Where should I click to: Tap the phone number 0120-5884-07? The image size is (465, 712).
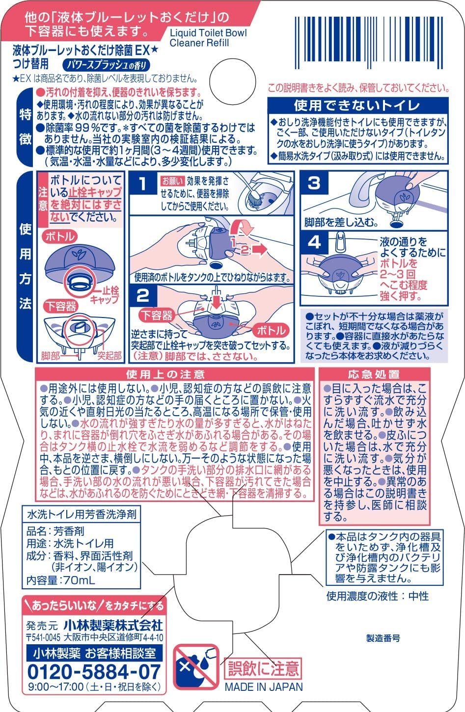[x=94, y=671]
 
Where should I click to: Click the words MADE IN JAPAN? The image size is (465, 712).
[x=264, y=687]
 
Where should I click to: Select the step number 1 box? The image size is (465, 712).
[x=143, y=184]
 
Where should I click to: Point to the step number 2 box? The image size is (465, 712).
[x=143, y=295]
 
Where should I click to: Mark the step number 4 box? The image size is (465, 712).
[x=314, y=242]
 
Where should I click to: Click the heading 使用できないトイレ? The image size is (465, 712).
[x=357, y=105]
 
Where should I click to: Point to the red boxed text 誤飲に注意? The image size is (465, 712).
[x=263, y=668]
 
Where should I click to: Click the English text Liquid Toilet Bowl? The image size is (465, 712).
[x=208, y=33]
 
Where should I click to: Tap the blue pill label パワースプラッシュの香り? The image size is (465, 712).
[x=107, y=64]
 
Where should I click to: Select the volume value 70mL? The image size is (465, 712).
[x=78, y=580]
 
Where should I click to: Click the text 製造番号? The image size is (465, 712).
[x=383, y=638]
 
